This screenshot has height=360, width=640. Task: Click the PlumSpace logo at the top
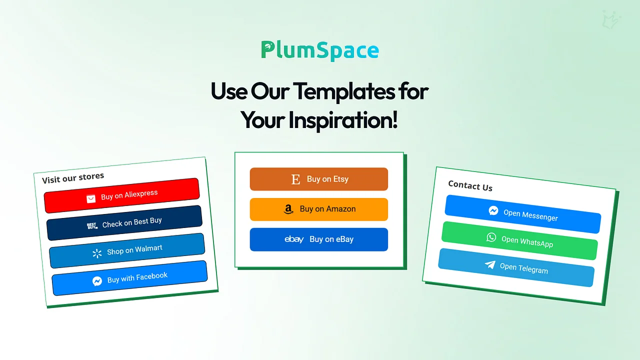point(320,50)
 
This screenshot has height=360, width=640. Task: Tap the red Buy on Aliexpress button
point(121,195)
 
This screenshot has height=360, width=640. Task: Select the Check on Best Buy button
point(124,223)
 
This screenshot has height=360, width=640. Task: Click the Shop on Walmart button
point(127,250)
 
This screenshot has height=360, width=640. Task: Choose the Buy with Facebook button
point(129,278)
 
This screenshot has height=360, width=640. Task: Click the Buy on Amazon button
point(319,209)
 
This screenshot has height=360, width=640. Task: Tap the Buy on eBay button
point(319,239)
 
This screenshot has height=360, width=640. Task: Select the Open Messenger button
point(523,214)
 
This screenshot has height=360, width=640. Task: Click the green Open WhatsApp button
point(519,240)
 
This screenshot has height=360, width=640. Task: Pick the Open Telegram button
point(516,267)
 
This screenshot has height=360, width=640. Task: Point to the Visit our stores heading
point(73,177)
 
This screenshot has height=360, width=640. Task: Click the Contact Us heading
point(470,185)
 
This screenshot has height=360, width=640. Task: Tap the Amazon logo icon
point(288,209)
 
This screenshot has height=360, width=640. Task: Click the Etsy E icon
point(295,179)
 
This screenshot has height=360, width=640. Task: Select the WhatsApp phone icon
point(491,237)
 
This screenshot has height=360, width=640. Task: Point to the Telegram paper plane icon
point(490,264)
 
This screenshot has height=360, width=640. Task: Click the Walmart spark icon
point(97,253)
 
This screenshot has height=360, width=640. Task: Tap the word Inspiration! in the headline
point(343,120)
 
